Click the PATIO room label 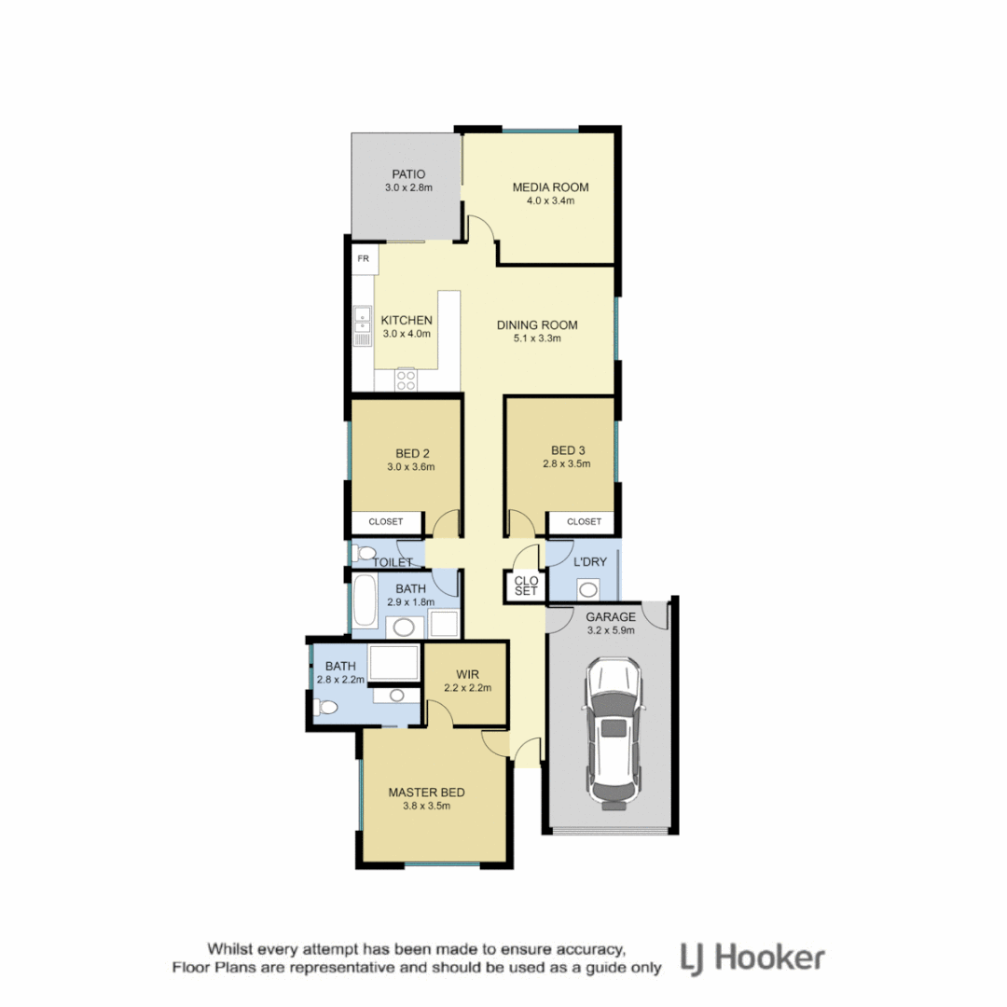(x=407, y=173)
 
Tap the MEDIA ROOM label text (x=550, y=186)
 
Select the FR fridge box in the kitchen (x=364, y=259)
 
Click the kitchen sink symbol (x=362, y=327)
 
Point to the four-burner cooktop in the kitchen (x=407, y=379)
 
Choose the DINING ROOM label (x=536, y=325)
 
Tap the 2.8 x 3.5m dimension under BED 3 (x=567, y=462)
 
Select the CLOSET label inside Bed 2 (x=386, y=522)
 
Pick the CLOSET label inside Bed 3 (x=584, y=522)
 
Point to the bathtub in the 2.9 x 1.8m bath (x=365, y=602)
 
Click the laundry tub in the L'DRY (x=588, y=588)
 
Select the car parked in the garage (x=612, y=732)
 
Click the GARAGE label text (x=611, y=617)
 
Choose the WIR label (x=467, y=673)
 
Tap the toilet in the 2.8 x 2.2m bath (x=324, y=709)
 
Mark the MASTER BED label (x=426, y=793)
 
